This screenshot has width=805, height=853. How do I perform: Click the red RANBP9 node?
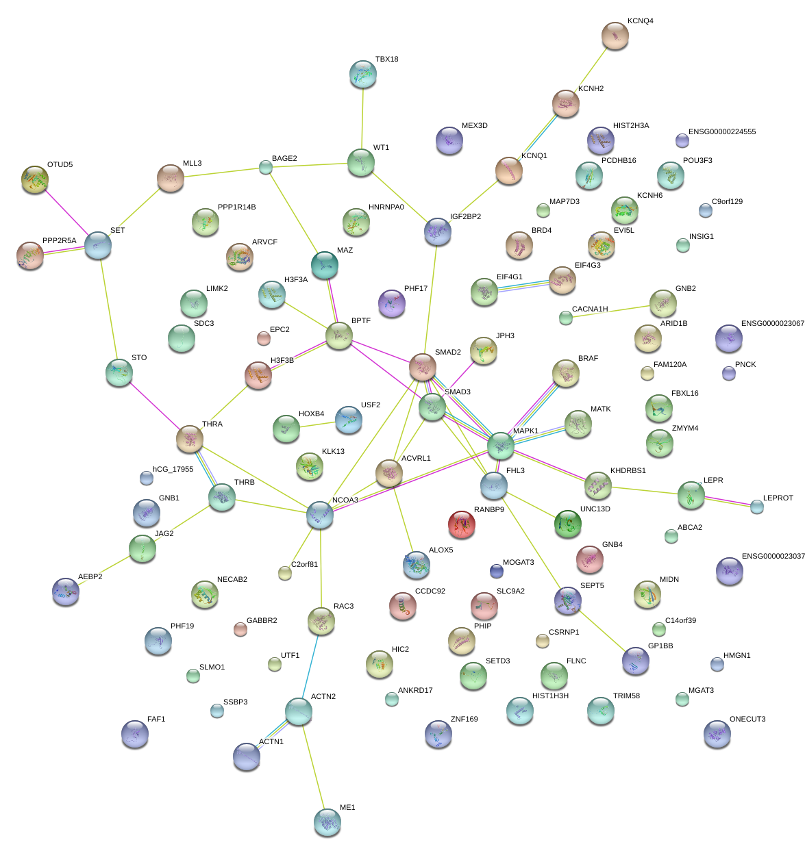click(462, 524)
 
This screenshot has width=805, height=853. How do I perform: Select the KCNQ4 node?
click(615, 36)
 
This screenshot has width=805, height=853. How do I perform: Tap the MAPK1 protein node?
click(501, 445)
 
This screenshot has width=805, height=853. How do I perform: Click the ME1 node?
click(327, 822)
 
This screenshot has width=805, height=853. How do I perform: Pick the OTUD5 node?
click(34, 179)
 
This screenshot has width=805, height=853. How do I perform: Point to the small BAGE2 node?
click(266, 167)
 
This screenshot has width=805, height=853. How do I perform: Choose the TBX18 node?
click(362, 74)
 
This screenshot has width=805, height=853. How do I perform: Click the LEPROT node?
click(756, 507)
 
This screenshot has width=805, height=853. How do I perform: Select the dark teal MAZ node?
click(324, 265)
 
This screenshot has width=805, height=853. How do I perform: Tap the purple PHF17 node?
click(391, 303)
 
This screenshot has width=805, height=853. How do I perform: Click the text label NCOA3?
click(345, 500)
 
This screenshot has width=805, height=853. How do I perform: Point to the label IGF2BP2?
click(465, 217)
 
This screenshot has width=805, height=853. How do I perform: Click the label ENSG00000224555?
click(722, 132)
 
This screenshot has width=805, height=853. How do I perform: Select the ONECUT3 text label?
click(747, 720)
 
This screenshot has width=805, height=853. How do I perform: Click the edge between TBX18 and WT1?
click(362, 118)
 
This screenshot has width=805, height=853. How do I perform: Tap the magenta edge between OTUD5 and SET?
click(66, 212)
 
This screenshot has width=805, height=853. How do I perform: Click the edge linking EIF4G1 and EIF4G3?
click(523, 285)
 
